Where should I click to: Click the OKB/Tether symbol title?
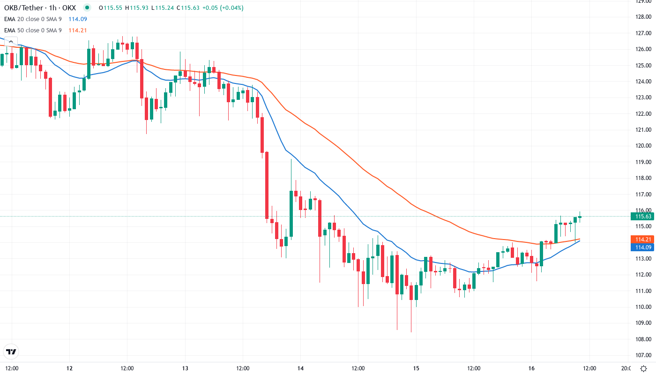40,8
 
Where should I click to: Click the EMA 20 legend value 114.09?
78,19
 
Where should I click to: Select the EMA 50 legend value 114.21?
78,30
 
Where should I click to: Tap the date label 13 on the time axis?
185,368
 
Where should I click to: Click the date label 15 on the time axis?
416,368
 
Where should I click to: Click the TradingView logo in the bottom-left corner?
11,352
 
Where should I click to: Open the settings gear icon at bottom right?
644,368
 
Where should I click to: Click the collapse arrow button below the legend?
10,42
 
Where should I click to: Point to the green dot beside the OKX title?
87,8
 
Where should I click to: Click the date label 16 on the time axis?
531,368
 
